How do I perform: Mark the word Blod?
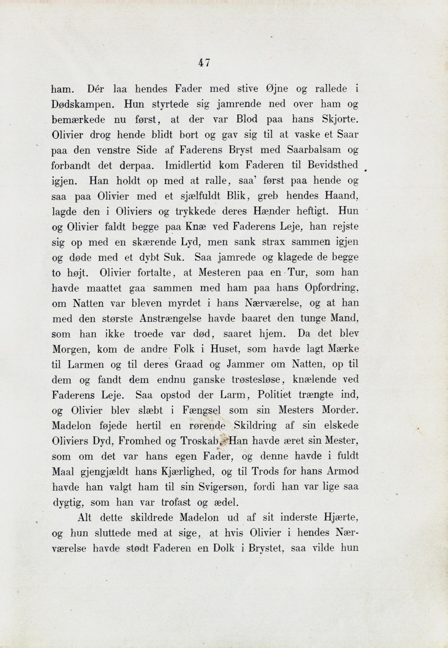[x=247, y=119]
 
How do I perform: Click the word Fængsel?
[x=201, y=411]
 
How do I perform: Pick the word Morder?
[x=339, y=411]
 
